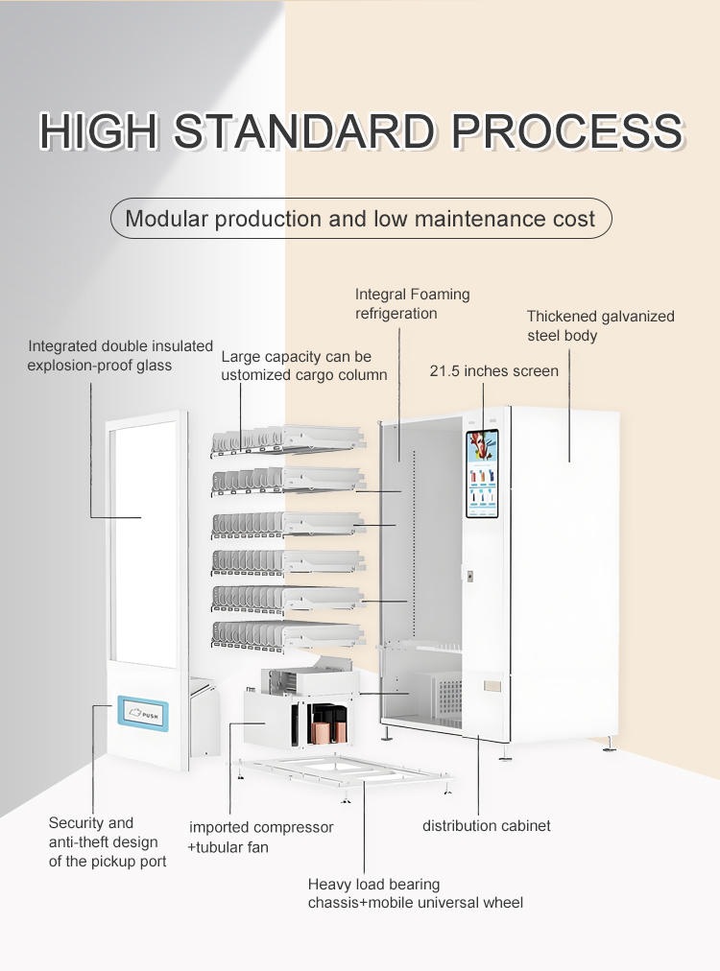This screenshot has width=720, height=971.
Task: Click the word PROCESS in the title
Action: tap(566, 131)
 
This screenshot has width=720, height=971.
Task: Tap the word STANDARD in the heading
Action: tap(303, 131)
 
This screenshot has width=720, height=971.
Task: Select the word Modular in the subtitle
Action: tap(166, 219)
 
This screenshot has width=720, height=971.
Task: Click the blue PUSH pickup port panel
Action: tap(143, 714)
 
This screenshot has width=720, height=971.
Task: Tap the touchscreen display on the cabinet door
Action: tap(482, 474)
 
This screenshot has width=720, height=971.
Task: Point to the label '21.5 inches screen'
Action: tap(493, 371)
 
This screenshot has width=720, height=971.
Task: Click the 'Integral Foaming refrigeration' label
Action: tap(412, 303)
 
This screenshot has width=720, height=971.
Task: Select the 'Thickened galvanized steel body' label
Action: tap(600, 325)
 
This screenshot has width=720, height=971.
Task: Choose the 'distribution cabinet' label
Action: tap(487, 825)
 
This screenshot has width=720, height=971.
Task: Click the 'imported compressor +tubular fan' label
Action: tap(260, 838)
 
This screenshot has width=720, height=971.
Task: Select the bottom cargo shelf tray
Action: tap(288, 635)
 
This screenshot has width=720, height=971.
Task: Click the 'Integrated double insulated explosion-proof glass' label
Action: tap(120, 355)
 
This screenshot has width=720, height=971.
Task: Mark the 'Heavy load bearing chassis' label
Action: tap(415, 893)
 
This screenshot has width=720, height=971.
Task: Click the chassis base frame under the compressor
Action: tap(345, 774)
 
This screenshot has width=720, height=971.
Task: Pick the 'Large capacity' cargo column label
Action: tap(303, 366)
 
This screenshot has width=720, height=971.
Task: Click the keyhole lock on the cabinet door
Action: tap(469, 576)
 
